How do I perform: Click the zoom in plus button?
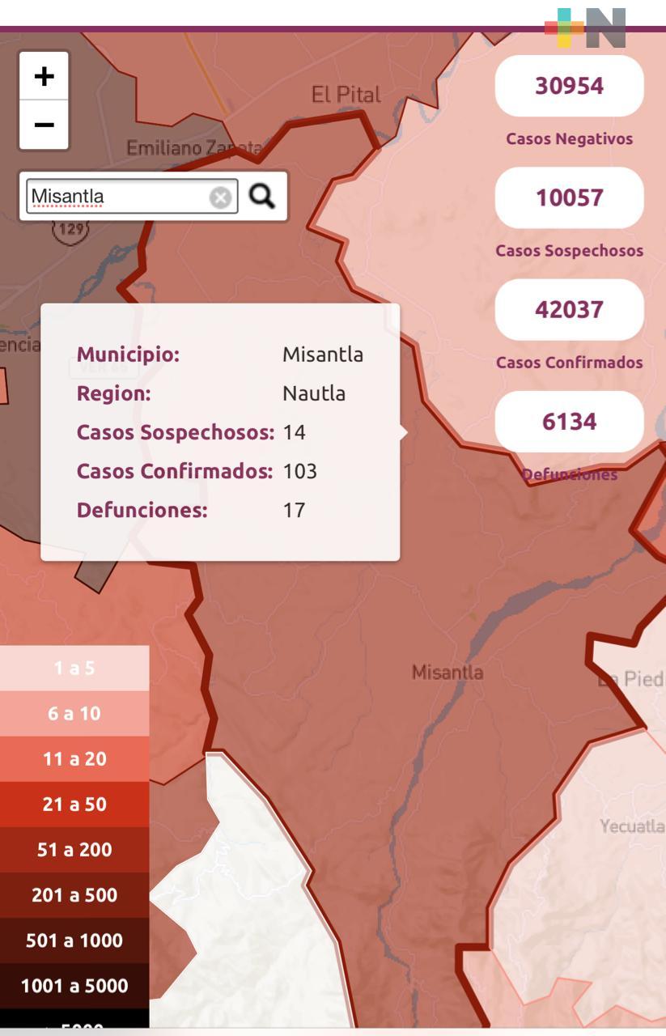coord(44,77)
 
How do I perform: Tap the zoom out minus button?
coord(44,125)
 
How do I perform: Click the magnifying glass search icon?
coord(261,196)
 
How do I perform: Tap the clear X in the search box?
coord(220,197)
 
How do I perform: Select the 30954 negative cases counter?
coord(569,86)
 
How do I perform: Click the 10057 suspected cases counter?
coord(569,197)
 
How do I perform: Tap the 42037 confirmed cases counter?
coord(569,309)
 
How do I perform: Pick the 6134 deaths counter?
coord(569,422)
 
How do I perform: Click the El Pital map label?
coord(346,95)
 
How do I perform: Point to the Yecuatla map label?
coord(632,826)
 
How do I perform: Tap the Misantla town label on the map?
coord(448,672)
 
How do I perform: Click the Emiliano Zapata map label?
coord(193,149)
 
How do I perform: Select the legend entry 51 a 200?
coord(74,850)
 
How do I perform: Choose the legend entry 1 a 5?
coord(74,669)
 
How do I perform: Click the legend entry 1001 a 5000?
coord(74,986)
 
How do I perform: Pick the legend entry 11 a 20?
coord(74,759)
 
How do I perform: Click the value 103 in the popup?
coord(299,471)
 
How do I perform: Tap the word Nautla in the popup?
coord(313,393)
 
